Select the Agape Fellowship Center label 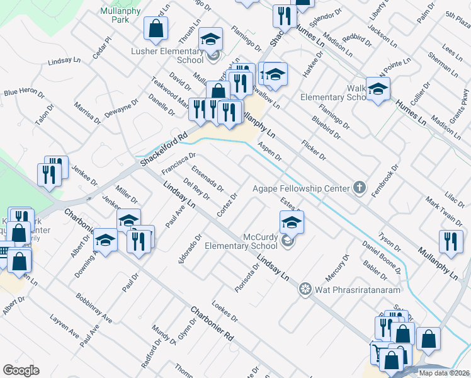click(301, 188)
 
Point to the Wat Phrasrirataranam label click(349, 289)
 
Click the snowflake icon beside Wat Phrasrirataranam click(305, 289)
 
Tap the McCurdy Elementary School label click(241, 241)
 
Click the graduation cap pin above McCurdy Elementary click(292, 222)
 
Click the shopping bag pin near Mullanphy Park click(155, 28)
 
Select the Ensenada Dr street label click(207, 178)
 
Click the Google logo click(21, 370)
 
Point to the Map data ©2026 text click(444, 373)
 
